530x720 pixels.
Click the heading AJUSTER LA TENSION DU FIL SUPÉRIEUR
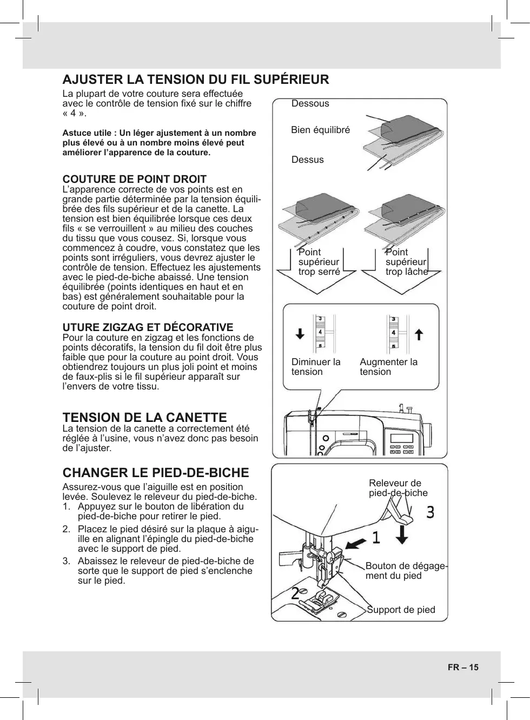tap(196, 80)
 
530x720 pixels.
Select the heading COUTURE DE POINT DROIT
tap(135, 179)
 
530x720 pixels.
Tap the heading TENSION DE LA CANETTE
tap(145, 418)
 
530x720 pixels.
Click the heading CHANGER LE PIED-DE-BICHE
tap(156, 473)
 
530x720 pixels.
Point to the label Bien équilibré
tap(320, 130)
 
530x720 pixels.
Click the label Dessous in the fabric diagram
tap(310, 103)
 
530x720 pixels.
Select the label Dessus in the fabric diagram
tap(307, 160)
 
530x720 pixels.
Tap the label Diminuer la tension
tap(316, 367)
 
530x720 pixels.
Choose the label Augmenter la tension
tap(388, 367)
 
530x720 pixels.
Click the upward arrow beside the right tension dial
tap(418, 334)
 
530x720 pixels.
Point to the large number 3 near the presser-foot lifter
tap(430, 512)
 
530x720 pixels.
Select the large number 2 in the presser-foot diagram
tap(296, 593)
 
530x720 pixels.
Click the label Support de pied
tap(401, 610)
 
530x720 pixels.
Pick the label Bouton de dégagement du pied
tap(406, 571)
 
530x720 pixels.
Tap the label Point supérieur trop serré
tap(319, 262)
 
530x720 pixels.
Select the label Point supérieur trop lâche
tap(406, 262)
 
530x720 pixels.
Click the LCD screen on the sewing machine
tap(401, 439)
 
